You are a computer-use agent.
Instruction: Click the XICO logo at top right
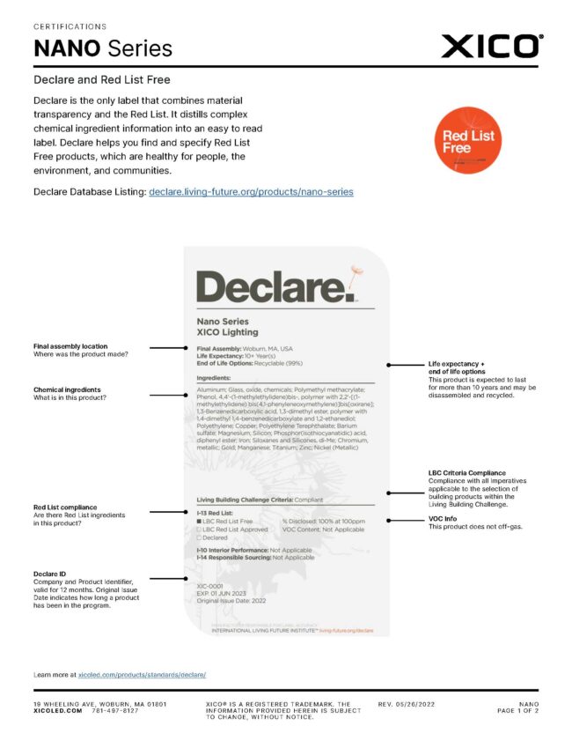pos(492,46)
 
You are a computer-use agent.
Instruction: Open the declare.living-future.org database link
pos(251,191)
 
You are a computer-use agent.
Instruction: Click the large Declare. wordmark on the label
pos(275,287)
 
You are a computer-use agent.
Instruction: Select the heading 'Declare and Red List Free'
pos(102,79)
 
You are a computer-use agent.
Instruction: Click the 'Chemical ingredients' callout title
pos(67,389)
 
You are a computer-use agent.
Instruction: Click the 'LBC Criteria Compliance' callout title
pos(466,472)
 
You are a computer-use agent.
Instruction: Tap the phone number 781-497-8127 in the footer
pos(115,710)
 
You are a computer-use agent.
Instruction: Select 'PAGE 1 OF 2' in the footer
pos(517,710)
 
